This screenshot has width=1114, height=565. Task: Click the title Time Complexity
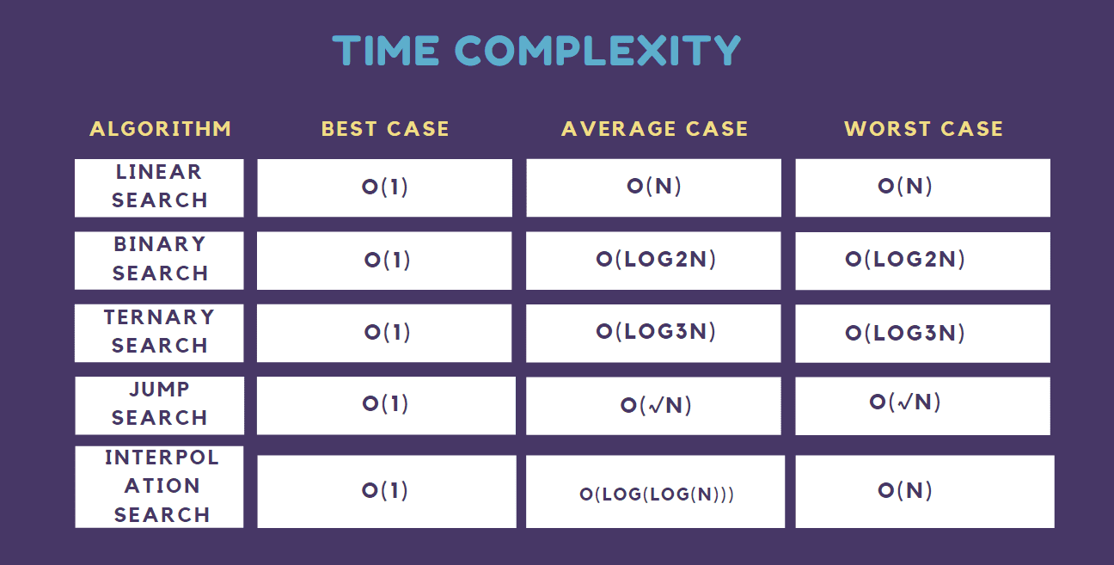pos(536,50)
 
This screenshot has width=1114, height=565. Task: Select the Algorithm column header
pos(161,129)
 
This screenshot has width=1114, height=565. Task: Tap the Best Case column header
pos(385,129)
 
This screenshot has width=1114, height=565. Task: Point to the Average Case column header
pos(654,129)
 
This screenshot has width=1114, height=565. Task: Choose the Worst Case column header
pos(923,129)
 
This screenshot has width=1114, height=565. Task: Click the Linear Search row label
pos(159,188)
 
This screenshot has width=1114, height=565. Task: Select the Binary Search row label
pos(159,261)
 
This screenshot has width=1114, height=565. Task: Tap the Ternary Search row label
pos(159,333)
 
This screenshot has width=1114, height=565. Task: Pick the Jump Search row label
pos(160,405)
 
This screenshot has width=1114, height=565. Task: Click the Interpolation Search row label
pos(159,487)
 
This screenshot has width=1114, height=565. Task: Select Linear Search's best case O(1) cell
pos(384,188)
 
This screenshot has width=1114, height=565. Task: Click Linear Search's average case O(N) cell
pos(654,188)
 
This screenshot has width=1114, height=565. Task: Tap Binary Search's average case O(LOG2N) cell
pos(653,261)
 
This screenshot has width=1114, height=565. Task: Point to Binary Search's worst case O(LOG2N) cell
pos(923,261)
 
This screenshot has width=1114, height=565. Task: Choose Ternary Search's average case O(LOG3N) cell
pos(653,333)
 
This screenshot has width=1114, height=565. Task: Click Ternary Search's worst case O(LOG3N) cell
pos(923,333)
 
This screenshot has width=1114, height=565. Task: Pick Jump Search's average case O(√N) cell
pos(653,406)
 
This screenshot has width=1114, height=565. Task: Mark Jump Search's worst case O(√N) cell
pos(923,406)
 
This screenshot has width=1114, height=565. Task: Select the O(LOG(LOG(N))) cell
pos(656,491)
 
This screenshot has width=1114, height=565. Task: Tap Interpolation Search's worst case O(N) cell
pos(925,491)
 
